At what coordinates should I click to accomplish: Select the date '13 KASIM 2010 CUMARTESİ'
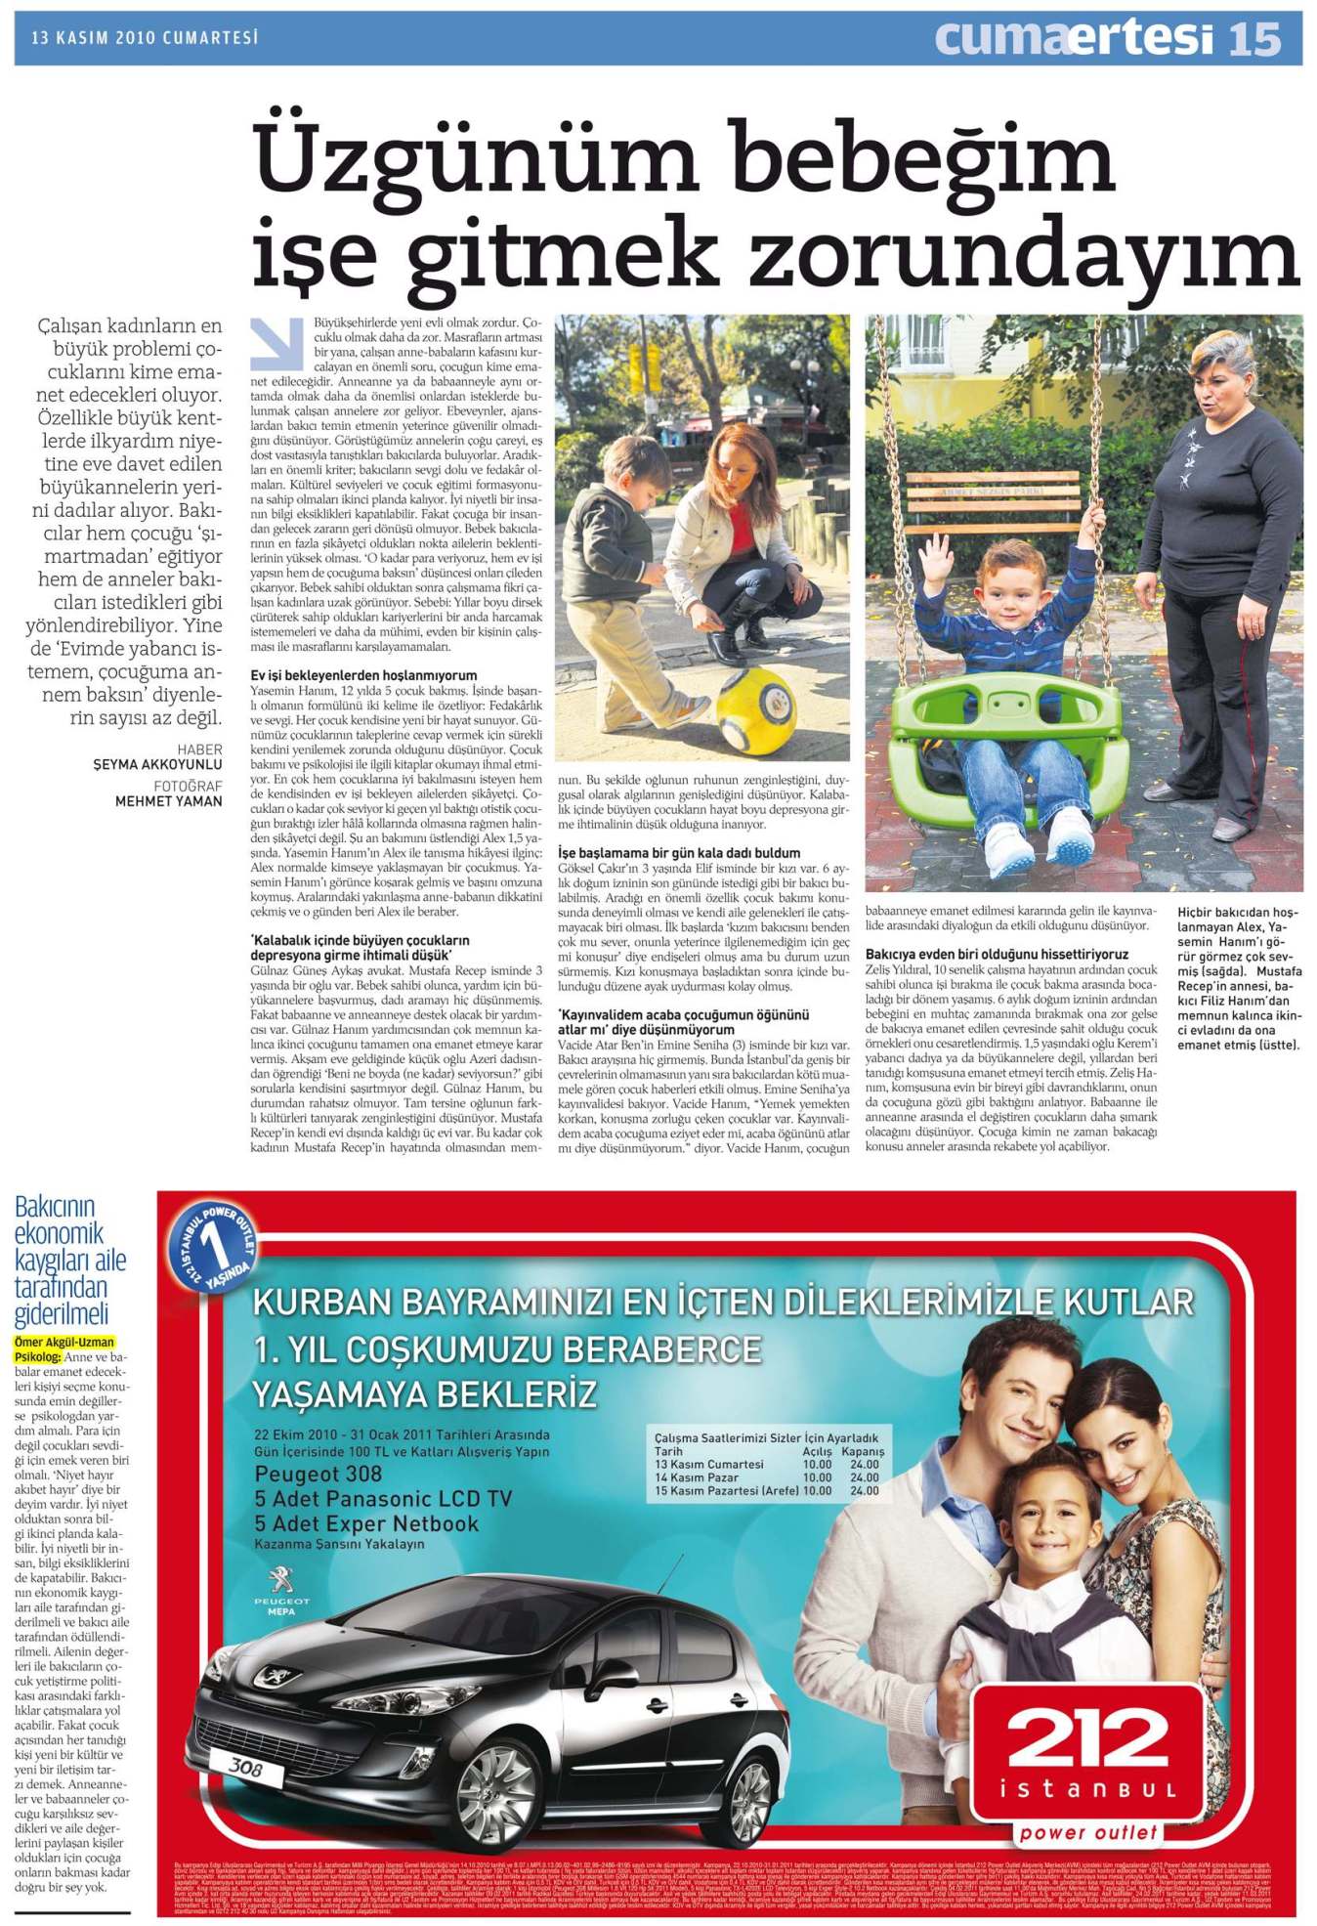click(145, 38)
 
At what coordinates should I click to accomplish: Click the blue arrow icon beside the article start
click(276, 343)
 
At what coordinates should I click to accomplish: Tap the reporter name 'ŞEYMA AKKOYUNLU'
click(157, 764)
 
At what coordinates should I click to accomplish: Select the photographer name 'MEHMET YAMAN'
click(168, 801)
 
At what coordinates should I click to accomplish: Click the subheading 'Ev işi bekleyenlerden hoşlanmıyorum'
click(363, 675)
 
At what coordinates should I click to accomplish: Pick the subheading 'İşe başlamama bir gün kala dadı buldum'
click(679, 852)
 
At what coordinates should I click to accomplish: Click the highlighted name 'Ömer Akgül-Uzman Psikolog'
click(64, 1348)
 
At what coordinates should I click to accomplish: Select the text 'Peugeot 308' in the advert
click(318, 1475)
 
